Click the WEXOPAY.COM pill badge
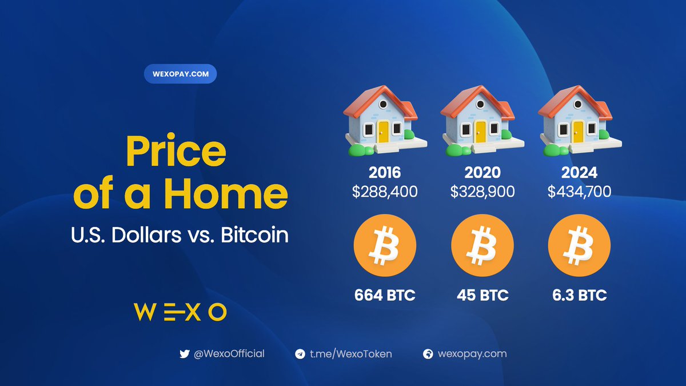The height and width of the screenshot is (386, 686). click(180, 74)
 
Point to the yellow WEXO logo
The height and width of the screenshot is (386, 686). click(180, 312)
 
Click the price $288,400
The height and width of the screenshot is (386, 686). click(385, 192)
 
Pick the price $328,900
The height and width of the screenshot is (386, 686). click(482, 192)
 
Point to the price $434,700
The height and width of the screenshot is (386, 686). click(580, 192)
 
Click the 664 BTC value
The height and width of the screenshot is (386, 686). click(385, 296)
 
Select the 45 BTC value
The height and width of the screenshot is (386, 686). click(482, 296)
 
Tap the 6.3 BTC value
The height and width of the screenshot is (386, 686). click(580, 296)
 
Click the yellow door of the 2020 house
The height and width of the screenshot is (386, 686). click(481, 132)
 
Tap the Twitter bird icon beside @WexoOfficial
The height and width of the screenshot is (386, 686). click(184, 354)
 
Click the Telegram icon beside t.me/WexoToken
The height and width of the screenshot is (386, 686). click(300, 354)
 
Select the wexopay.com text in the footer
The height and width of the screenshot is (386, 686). click(472, 353)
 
